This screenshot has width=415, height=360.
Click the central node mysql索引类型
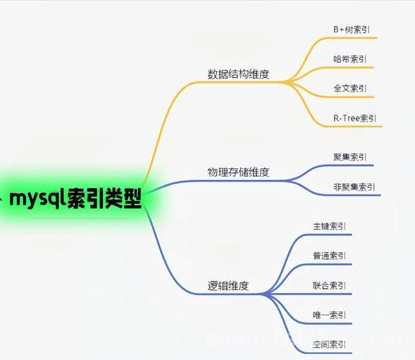[x=76, y=199]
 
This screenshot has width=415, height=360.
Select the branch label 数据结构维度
[x=238, y=74]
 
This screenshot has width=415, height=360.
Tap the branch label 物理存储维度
[x=238, y=172]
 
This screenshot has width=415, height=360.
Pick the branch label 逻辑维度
[x=228, y=286]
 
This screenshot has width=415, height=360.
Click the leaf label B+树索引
[x=351, y=30]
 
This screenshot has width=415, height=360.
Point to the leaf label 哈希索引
[x=350, y=59]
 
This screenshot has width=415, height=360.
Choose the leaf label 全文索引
[x=350, y=88]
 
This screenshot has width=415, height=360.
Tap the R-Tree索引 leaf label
[x=354, y=118]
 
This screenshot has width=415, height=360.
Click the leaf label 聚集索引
[x=350, y=157]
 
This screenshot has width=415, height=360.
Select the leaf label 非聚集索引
[x=354, y=187]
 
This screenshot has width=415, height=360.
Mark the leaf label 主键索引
[x=329, y=226]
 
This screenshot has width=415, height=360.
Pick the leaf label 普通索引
[x=329, y=256]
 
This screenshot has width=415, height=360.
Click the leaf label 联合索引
[x=329, y=285]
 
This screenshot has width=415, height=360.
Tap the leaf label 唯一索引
[x=329, y=315]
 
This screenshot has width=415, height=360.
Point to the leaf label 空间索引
[x=329, y=345]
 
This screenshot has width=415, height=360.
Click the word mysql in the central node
[x=37, y=199]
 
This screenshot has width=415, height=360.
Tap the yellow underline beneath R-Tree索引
[x=353, y=127]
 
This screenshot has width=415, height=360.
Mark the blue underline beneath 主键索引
[x=329, y=235]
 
